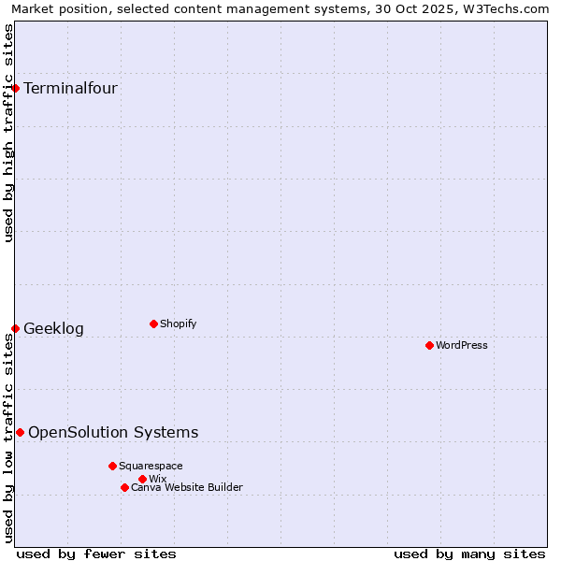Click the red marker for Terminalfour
click(16, 89)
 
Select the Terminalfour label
click(70, 89)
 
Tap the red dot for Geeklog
click(16, 329)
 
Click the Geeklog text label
click(53, 329)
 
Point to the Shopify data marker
click(153, 324)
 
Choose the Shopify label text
click(178, 324)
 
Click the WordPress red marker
click(429, 346)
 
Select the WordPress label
click(462, 346)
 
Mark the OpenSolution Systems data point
click(20, 433)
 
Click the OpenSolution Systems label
click(113, 433)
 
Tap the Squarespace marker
click(112, 466)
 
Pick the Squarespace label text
click(151, 467)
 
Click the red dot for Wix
click(142, 480)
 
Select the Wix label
click(157, 480)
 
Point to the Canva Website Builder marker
click(124, 488)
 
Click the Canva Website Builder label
click(187, 488)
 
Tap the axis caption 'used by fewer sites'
click(96, 554)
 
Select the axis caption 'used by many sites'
click(469, 554)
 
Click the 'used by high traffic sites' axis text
click(9, 133)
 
